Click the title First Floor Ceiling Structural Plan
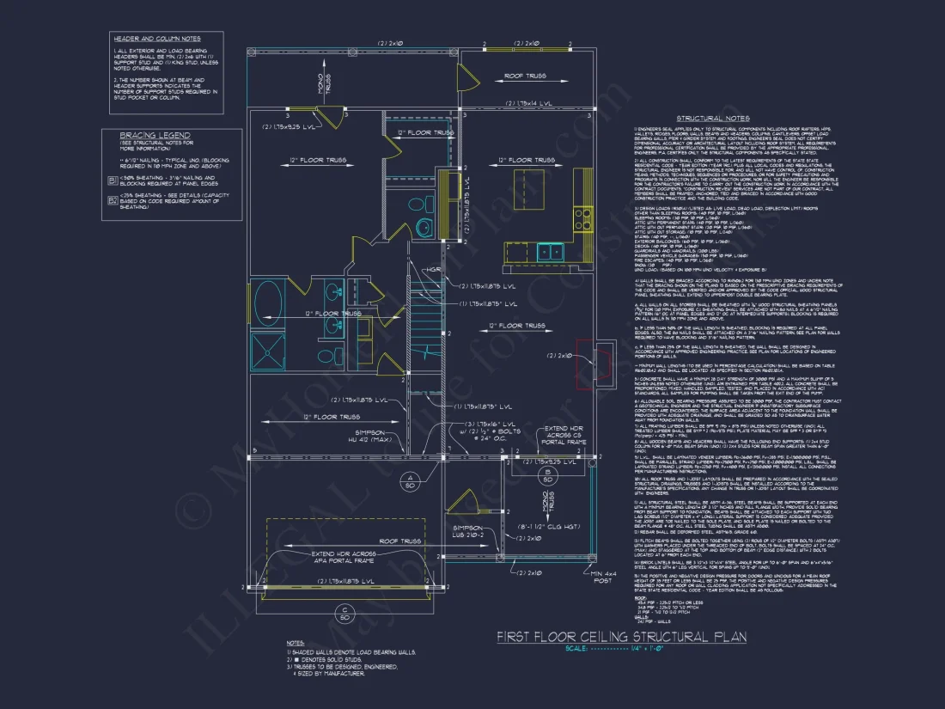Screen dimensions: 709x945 pos(622,637)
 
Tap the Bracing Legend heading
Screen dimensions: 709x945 pos(155,136)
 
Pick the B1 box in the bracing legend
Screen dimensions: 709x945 pos(112,180)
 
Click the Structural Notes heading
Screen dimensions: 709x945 pos(712,118)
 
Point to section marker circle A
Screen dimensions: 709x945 pos(412,478)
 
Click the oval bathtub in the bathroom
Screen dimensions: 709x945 pos(270,305)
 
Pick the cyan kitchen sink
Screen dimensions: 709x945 pos(552,251)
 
